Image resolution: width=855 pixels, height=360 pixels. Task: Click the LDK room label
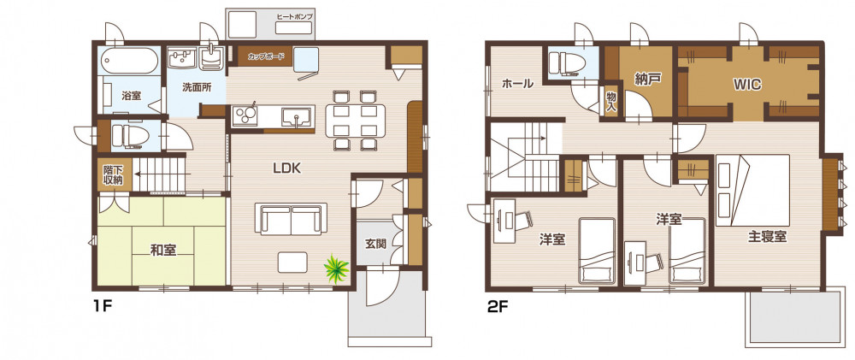287,168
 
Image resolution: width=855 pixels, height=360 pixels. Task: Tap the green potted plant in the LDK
335,268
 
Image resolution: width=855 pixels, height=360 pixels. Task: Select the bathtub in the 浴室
129,61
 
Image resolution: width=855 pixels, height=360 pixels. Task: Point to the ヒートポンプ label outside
295,17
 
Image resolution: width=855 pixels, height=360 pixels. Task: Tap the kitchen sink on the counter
296,116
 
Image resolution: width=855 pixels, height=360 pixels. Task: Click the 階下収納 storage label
113,174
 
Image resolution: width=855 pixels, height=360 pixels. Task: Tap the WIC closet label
747,85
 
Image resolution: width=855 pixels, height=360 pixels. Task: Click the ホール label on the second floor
517,84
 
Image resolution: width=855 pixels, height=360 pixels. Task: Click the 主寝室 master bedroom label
767,237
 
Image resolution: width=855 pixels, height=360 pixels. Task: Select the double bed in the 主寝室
753,191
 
